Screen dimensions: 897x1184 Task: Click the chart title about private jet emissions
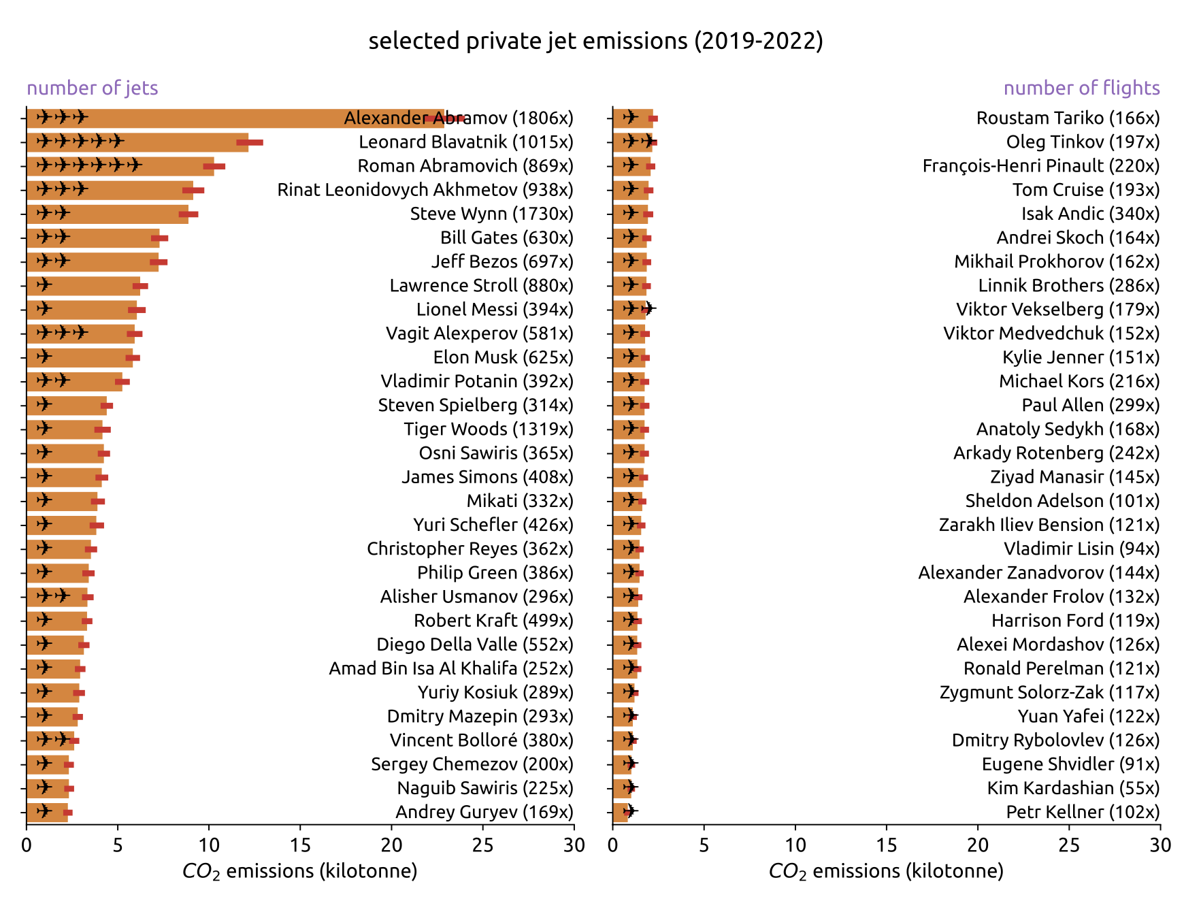pyautogui.click(x=595, y=42)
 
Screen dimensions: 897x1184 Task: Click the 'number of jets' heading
pyautogui.click(x=93, y=88)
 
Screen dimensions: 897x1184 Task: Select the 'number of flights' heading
pyautogui.click(x=1081, y=88)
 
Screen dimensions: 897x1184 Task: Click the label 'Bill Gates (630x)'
pyautogui.click(x=506, y=238)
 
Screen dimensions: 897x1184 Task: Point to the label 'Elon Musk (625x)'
pyautogui.click(x=503, y=357)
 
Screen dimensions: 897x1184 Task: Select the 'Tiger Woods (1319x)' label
pyautogui.click(x=489, y=429)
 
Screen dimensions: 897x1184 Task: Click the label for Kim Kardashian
pyautogui.click(x=1073, y=788)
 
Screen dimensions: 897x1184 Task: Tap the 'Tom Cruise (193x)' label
pyautogui.click(x=1086, y=190)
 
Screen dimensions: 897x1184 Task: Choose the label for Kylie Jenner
pyautogui.click(x=1081, y=357)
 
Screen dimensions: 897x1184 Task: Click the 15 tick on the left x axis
pyautogui.click(x=300, y=845)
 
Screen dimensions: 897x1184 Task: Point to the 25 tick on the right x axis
pyautogui.click(x=1069, y=845)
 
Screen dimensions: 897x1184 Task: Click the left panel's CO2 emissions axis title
pyautogui.click(x=299, y=871)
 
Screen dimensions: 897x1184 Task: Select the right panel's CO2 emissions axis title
pyautogui.click(x=886, y=871)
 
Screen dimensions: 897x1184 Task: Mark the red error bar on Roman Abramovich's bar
pyautogui.click(x=214, y=167)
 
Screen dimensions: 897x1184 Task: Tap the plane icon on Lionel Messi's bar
pyautogui.click(x=44, y=309)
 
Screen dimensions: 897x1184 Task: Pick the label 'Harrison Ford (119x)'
pyautogui.click(x=1075, y=621)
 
